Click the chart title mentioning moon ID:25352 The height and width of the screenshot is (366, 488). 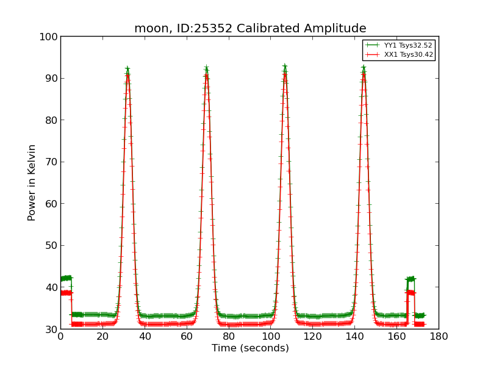pyautogui.click(x=250, y=29)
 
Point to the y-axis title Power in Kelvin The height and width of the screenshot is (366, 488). pyautogui.click(x=32, y=182)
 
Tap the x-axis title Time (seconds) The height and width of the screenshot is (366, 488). pyautogui.click(x=250, y=348)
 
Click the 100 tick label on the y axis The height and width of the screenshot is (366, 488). pyautogui.click(x=49, y=37)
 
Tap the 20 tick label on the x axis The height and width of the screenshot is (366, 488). pyautogui.click(x=102, y=336)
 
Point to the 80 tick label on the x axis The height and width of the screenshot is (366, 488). pyautogui.click(x=229, y=336)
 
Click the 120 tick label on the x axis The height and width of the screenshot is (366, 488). pyautogui.click(x=312, y=336)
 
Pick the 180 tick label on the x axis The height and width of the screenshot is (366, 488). pyautogui.click(x=439, y=336)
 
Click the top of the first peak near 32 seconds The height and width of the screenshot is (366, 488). pyautogui.click(x=127, y=70)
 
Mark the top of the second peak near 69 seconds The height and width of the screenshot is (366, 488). pyautogui.click(x=206, y=68)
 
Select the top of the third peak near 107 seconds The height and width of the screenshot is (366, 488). pyautogui.click(x=285, y=66)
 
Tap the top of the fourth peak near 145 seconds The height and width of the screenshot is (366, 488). pyautogui.click(x=364, y=68)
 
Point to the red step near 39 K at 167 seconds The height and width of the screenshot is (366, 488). pyautogui.click(x=411, y=292)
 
